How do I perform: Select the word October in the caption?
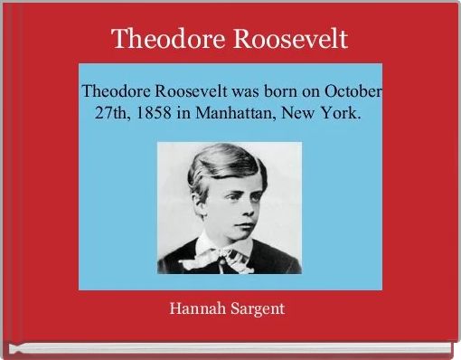coord(353,92)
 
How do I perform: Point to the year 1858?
coord(149,116)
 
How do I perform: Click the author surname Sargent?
coord(256,308)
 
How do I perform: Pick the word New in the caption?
coord(303,116)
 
